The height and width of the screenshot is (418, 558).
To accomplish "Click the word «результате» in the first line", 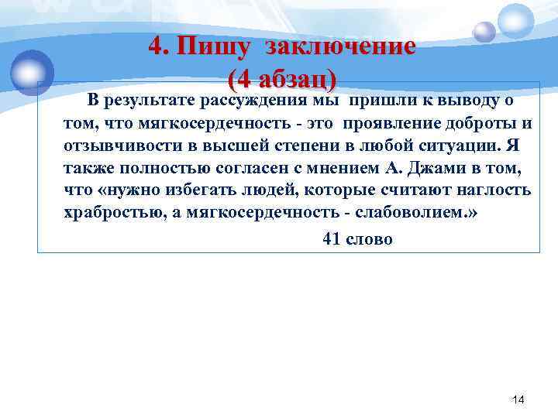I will tap(148, 101).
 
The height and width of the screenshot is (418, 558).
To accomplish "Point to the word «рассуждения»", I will tap(254, 101).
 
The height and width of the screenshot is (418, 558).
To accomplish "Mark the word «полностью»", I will tap(152, 168).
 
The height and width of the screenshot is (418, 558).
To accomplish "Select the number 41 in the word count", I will tap(332, 240).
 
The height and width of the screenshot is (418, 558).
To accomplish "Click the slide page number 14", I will tap(518, 399).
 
